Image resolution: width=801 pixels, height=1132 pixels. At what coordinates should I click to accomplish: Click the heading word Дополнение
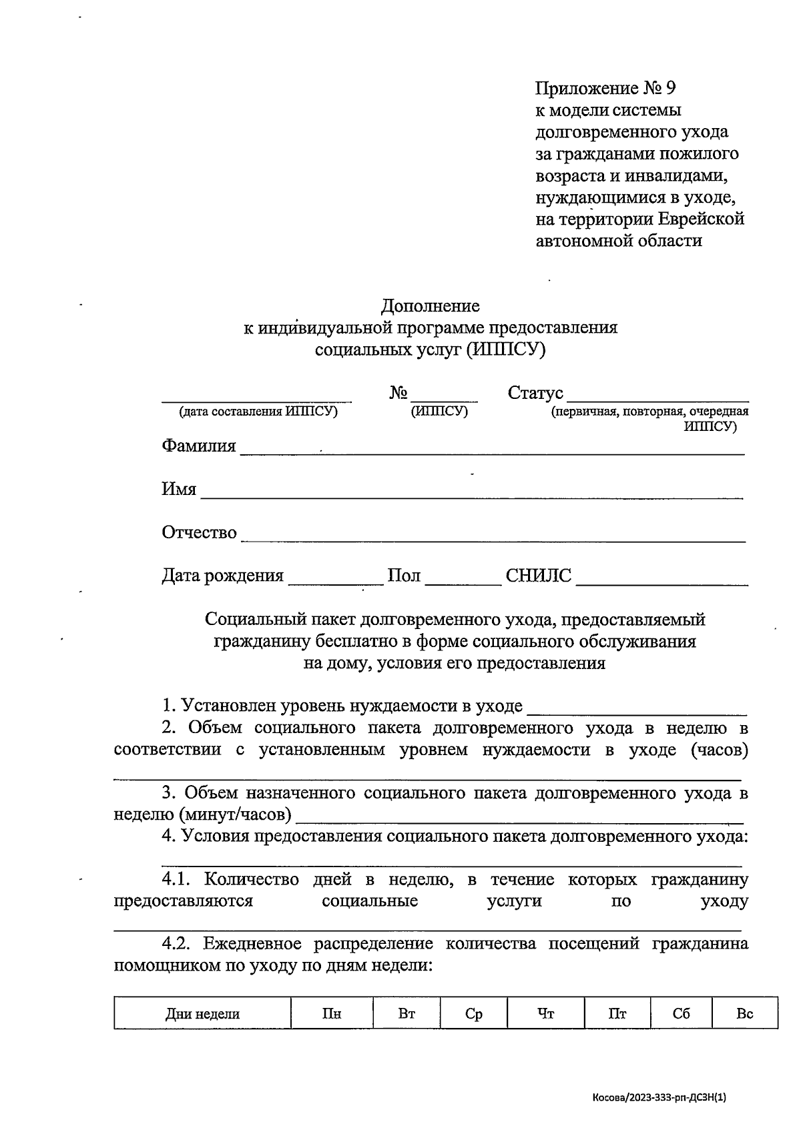(430, 306)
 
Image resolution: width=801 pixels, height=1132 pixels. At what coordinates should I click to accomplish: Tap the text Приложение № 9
(605, 88)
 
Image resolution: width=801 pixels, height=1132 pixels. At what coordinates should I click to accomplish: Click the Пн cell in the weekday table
(332, 1015)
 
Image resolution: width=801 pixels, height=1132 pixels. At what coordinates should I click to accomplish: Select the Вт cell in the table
(407, 1015)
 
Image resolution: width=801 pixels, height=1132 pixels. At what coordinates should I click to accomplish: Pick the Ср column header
(473, 1015)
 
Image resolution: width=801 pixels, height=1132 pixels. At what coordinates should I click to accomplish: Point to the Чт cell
(545, 1015)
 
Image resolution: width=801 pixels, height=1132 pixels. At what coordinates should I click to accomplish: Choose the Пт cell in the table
(617, 1015)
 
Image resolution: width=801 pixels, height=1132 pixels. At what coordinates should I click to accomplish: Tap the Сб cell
(681, 1015)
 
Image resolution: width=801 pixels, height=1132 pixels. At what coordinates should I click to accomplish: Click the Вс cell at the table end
(744, 1015)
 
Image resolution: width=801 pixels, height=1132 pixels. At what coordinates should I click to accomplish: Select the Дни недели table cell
(202, 1015)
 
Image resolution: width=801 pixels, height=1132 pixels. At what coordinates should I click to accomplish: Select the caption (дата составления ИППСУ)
(258, 412)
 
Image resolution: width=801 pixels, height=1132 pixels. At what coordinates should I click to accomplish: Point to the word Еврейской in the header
(701, 219)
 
